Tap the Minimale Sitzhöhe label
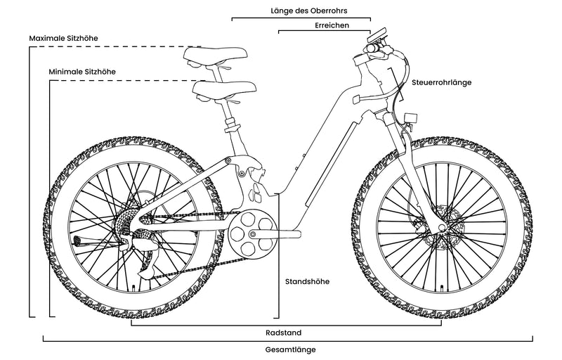(82, 72)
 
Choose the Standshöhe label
(307, 282)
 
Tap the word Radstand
(289, 333)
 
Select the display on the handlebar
(379, 34)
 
